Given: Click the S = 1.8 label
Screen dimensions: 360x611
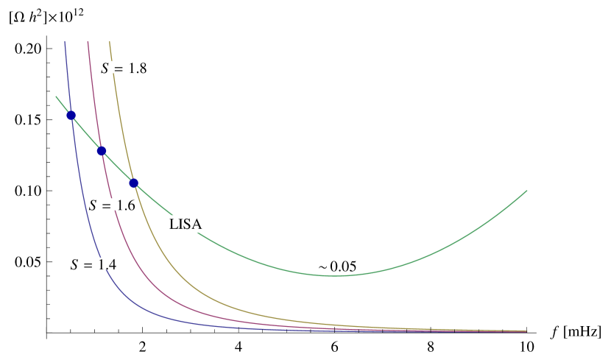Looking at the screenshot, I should click(x=124, y=68).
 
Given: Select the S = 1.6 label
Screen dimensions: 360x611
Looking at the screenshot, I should click(x=112, y=205).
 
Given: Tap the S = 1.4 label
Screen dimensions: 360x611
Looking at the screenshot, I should click(x=93, y=264).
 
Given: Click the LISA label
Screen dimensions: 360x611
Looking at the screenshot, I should click(x=186, y=224).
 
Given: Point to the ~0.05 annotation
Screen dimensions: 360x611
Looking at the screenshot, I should click(x=336, y=266).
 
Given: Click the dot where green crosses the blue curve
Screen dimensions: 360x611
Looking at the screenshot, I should click(x=71, y=115).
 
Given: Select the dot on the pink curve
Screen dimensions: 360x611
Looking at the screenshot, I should click(x=102, y=151).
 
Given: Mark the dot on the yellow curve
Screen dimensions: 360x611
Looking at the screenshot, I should click(x=133, y=183).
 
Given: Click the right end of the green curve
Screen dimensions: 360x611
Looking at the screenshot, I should click(x=527, y=191).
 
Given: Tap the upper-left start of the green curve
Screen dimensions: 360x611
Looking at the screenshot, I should click(x=56, y=96).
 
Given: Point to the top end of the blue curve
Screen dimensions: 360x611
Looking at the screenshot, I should click(x=65, y=42).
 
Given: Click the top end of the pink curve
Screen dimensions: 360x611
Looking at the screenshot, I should click(x=88, y=42).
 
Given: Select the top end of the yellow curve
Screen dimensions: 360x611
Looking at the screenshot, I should click(x=109, y=42).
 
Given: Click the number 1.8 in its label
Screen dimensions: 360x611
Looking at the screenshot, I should click(x=137, y=68).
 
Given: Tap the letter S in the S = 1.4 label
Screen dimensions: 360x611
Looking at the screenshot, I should click(x=74, y=264).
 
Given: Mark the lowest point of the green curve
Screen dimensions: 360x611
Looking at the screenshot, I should click(x=350, y=275).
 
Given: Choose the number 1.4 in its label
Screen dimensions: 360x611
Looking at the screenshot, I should click(x=107, y=264).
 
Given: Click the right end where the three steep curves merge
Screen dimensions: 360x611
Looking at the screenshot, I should click(x=526, y=331).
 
